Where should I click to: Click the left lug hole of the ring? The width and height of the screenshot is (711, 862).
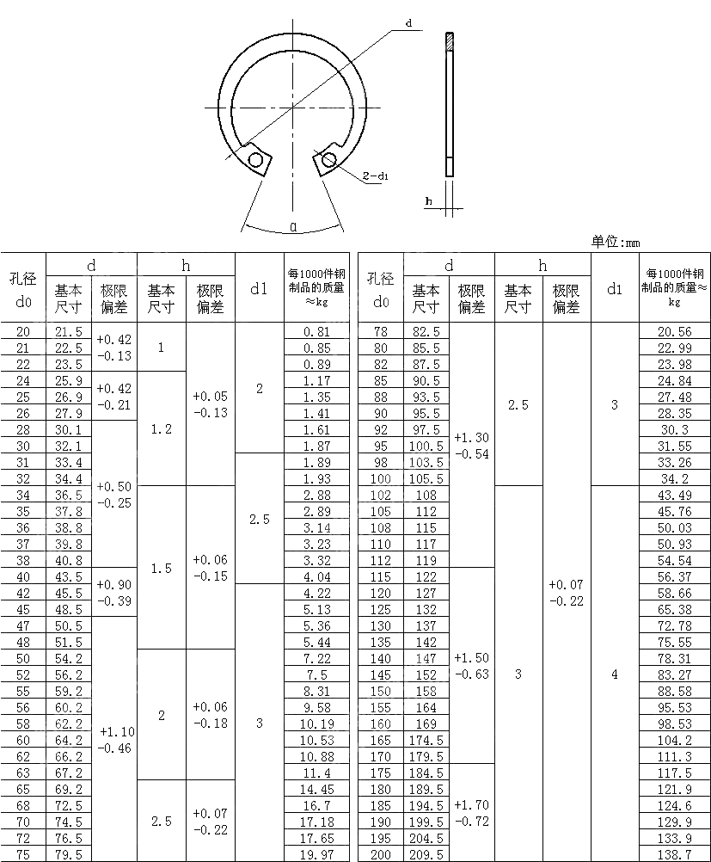pyautogui.click(x=255, y=160)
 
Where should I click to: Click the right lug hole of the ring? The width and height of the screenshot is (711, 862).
pyautogui.click(x=328, y=158)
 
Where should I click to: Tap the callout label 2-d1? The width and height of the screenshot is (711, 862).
pyautogui.click(x=376, y=176)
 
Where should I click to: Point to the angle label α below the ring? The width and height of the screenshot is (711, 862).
pyautogui.click(x=294, y=227)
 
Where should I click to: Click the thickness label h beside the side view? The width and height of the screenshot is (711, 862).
pyautogui.click(x=428, y=201)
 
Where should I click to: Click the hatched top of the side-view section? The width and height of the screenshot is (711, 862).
pyautogui.click(x=448, y=41)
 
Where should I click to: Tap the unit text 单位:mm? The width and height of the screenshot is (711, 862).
pyautogui.click(x=616, y=243)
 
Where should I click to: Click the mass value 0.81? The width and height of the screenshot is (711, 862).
pyautogui.click(x=316, y=331)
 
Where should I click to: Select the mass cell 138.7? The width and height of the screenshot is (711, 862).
pyautogui.click(x=674, y=854)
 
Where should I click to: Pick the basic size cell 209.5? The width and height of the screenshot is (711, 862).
pyautogui.click(x=426, y=854)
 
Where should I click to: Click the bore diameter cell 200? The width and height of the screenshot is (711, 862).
pyautogui.click(x=380, y=854)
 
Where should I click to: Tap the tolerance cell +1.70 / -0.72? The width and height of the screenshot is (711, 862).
pyautogui.click(x=471, y=813)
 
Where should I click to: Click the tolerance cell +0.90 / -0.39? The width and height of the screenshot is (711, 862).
pyautogui.click(x=114, y=592)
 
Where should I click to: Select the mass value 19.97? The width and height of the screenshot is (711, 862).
pyautogui.click(x=316, y=854)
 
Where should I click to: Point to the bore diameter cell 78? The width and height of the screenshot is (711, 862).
pyautogui.click(x=380, y=331)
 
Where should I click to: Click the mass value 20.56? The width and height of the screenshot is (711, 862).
pyautogui.click(x=674, y=331)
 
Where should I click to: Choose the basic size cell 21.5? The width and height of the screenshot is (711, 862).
pyautogui.click(x=69, y=331)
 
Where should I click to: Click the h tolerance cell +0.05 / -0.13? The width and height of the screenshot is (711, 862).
pyautogui.click(x=210, y=404)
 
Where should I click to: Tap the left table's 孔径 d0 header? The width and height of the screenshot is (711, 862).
pyautogui.click(x=23, y=289)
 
